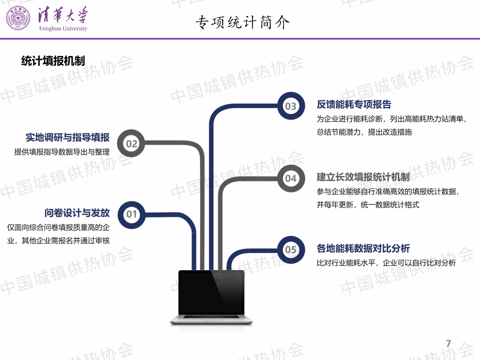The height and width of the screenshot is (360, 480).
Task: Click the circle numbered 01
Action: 132,215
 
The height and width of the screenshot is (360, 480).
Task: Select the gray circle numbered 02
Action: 131,143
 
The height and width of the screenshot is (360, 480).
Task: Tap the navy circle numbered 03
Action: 291,106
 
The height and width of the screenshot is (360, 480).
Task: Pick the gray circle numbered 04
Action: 291,178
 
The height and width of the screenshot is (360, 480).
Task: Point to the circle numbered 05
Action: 291,250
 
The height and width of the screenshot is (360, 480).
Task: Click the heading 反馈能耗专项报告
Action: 354,104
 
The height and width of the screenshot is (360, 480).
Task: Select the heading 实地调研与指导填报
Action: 68,137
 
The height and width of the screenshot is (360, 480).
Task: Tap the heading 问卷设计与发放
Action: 77,213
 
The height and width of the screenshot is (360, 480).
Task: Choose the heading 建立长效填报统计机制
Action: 363,177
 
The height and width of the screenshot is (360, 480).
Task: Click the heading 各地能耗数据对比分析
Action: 363,248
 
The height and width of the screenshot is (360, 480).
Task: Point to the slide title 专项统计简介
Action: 243,22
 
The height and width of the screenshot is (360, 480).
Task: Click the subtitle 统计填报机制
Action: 53,61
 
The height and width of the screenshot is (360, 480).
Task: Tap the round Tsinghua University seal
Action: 18,18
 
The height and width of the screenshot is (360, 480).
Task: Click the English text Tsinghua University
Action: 63,28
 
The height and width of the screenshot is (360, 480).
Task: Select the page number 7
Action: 448,344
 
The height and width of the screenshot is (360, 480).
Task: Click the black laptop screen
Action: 211,292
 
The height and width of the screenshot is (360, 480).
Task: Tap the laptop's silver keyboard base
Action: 211,319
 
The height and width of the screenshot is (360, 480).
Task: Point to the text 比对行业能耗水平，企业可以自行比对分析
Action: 386,263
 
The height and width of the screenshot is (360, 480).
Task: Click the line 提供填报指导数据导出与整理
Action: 62,152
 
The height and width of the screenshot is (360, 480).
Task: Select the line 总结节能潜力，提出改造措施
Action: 364,132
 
